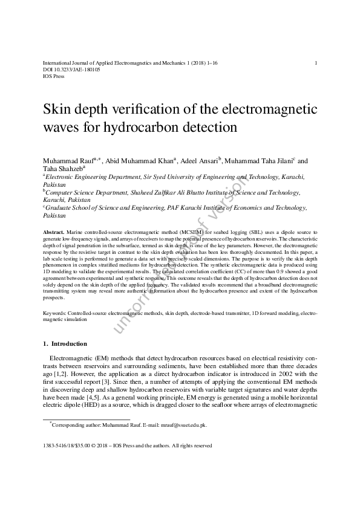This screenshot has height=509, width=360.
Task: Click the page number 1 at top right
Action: click(316, 63)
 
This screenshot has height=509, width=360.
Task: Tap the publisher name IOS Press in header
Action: click(53, 77)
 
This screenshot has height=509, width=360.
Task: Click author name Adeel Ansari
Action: click(199, 161)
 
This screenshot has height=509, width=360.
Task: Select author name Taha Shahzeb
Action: click(62, 169)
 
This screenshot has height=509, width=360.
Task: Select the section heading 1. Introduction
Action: click(65, 344)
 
